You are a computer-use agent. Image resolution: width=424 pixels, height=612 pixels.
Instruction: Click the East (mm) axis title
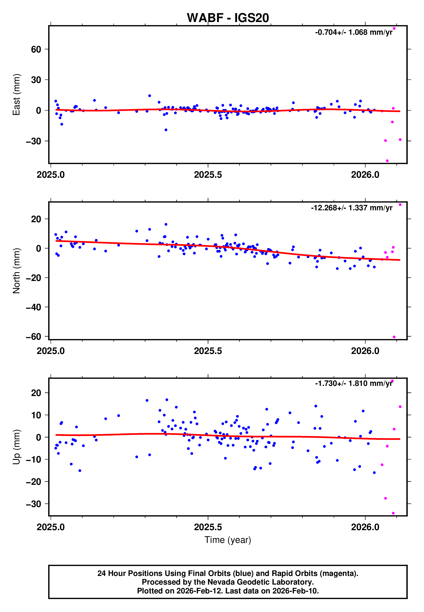click(16, 95)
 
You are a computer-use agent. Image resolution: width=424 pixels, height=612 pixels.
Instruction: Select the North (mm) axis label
click(16, 271)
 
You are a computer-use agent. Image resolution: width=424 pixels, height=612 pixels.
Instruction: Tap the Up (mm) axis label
click(16, 447)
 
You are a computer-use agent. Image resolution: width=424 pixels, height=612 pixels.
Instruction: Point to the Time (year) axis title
click(228, 540)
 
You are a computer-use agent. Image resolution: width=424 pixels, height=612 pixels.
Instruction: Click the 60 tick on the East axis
click(36, 49)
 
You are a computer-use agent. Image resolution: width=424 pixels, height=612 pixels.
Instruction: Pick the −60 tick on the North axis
click(33, 336)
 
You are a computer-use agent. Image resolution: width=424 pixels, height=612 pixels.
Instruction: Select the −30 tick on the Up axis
click(33, 504)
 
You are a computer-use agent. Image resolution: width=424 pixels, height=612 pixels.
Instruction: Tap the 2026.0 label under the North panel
click(365, 351)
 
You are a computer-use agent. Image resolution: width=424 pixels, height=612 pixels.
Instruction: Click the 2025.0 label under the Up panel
click(51, 527)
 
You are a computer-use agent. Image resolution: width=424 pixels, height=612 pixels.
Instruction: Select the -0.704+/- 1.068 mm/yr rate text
click(354, 32)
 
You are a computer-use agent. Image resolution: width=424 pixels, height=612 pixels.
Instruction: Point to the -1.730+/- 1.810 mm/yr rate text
click(354, 384)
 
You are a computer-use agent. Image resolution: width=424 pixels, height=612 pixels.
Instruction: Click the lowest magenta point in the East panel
click(387, 161)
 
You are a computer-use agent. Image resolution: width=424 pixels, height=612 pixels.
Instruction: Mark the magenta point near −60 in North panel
click(394, 337)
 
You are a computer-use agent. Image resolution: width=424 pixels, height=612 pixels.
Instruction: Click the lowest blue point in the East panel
click(166, 130)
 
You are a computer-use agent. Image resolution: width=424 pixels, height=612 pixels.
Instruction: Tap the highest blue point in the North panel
click(166, 224)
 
